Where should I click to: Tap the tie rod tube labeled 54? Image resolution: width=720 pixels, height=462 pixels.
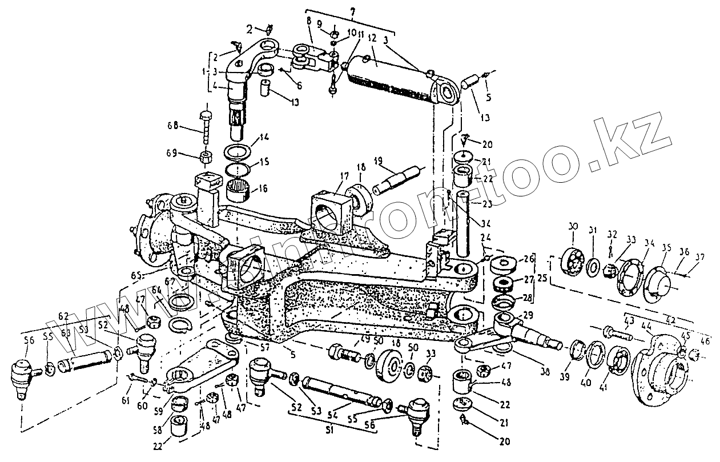[x=337, y=388]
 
